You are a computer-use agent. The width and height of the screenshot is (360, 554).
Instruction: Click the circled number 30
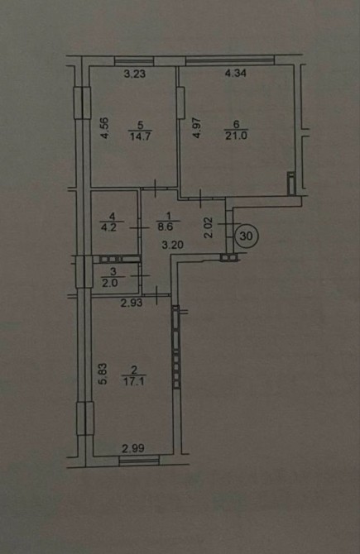(247, 236)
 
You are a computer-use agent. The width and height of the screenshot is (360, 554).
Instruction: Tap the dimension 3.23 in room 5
(134, 74)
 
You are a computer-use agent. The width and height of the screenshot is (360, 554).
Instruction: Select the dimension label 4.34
(236, 73)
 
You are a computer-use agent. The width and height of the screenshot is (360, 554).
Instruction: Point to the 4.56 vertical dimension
(104, 128)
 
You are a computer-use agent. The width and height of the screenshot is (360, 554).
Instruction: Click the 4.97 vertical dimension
(197, 127)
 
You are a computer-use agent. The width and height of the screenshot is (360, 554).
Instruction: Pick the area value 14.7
(141, 136)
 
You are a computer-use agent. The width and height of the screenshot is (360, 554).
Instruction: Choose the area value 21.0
(236, 136)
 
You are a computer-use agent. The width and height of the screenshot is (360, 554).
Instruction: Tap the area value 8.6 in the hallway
(166, 227)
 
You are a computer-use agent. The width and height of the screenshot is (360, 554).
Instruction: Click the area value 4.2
(108, 227)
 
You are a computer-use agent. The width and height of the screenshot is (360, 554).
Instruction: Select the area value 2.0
(109, 283)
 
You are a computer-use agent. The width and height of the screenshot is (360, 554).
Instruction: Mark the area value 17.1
(133, 381)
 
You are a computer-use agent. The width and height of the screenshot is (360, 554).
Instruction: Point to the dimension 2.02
(209, 227)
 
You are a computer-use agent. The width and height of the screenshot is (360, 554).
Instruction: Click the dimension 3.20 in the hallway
(172, 245)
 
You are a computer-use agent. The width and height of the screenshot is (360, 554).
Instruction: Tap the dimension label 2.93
(132, 303)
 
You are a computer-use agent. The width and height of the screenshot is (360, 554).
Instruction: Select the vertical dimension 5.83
(102, 375)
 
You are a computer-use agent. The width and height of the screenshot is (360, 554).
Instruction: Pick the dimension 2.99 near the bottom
(133, 449)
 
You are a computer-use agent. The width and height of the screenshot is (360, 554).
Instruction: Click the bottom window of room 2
(139, 461)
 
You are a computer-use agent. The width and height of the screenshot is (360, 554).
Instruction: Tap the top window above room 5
(134, 61)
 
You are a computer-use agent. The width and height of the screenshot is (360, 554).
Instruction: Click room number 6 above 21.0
(236, 124)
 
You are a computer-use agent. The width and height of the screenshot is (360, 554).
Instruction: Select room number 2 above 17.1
(134, 370)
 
